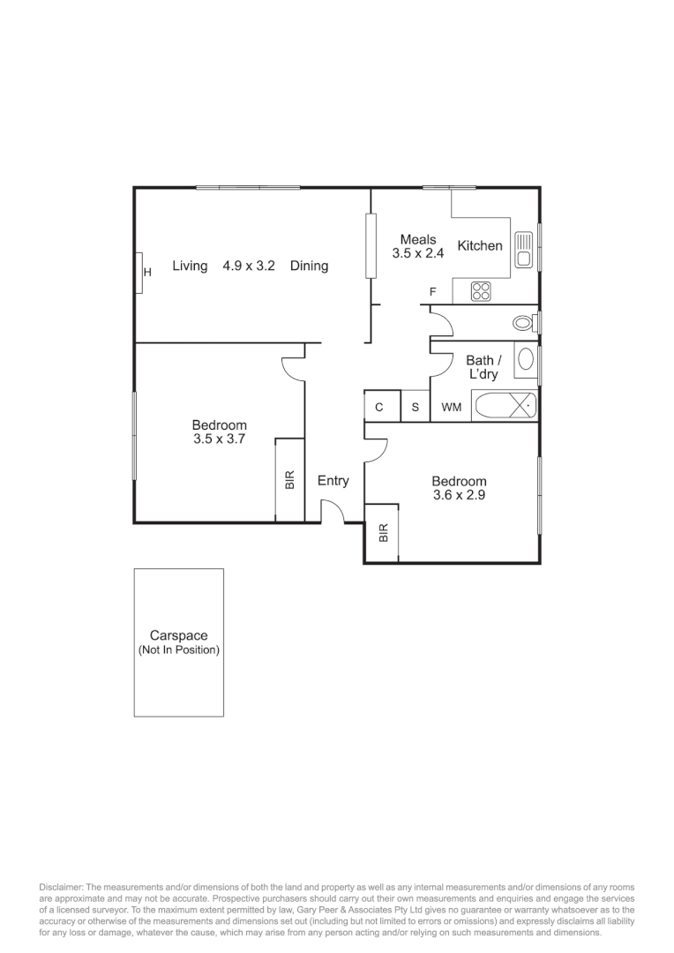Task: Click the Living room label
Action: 190,266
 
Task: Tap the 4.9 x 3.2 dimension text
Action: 250,266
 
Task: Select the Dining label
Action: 309,266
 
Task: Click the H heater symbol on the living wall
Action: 146,273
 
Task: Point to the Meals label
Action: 418,240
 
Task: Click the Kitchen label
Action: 480,246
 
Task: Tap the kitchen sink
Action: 523,248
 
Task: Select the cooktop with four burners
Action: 481,290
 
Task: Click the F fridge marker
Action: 432,292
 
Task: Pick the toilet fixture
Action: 526,323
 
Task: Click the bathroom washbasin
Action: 526,359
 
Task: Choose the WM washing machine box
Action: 451,408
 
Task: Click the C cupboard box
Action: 379,408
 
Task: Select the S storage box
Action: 415,408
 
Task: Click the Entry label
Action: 333,481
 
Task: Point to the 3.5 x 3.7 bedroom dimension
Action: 219,438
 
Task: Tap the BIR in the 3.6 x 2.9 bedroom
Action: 383,533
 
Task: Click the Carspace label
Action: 178,635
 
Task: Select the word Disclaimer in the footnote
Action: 59,886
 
